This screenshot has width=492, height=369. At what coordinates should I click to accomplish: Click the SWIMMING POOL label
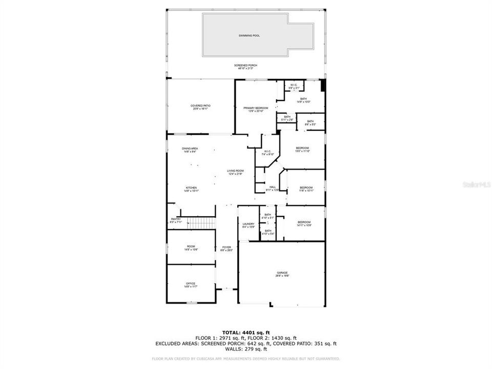coord(249,36)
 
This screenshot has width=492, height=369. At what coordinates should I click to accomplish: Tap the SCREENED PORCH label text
coord(245,66)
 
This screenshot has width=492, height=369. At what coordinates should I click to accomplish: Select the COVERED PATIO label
coord(200,106)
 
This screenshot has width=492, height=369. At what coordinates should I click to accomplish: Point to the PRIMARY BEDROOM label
coord(256,108)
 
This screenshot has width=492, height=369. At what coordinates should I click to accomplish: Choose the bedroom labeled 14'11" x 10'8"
coord(304,222)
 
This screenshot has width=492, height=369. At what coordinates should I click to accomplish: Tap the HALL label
coord(273,187)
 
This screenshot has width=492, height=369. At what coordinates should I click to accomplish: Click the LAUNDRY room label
coord(249,224)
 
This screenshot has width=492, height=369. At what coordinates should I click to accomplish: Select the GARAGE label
coord(282,273)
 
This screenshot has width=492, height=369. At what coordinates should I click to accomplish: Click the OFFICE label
coord(191,283)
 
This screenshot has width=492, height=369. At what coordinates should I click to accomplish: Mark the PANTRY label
coord(176,219)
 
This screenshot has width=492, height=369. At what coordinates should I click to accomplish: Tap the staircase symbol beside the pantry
coord(199,223)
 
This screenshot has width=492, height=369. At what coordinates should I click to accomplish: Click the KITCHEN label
coord(191,188)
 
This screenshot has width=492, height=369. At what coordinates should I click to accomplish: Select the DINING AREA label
coord(190,149)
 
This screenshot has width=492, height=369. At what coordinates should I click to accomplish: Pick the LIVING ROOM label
coord(236,171)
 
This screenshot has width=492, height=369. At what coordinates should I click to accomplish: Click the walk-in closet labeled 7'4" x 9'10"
coord(268,151)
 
